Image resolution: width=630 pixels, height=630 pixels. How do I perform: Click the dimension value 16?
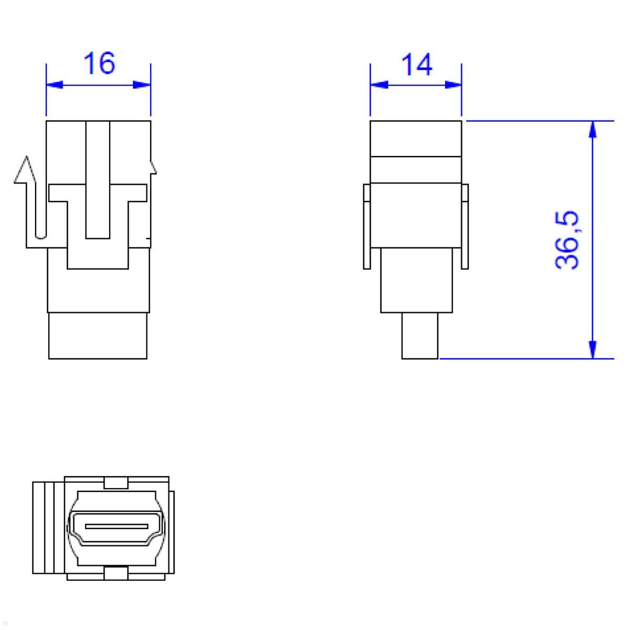[99, 64]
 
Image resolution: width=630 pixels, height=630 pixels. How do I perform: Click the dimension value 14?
[416, 65]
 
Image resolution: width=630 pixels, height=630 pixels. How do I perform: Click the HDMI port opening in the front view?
[115, 526]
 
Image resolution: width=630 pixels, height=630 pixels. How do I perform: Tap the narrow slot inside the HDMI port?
[115, 525]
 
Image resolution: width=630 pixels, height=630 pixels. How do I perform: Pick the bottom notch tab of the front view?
[117, 573]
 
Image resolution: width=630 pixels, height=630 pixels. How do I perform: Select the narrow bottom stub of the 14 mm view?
[419, 336]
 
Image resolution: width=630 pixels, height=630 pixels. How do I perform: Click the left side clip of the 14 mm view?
[366, 226]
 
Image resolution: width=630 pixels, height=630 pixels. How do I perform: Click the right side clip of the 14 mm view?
[465, 226]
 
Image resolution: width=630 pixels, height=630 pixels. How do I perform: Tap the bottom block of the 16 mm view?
[98, 336]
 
